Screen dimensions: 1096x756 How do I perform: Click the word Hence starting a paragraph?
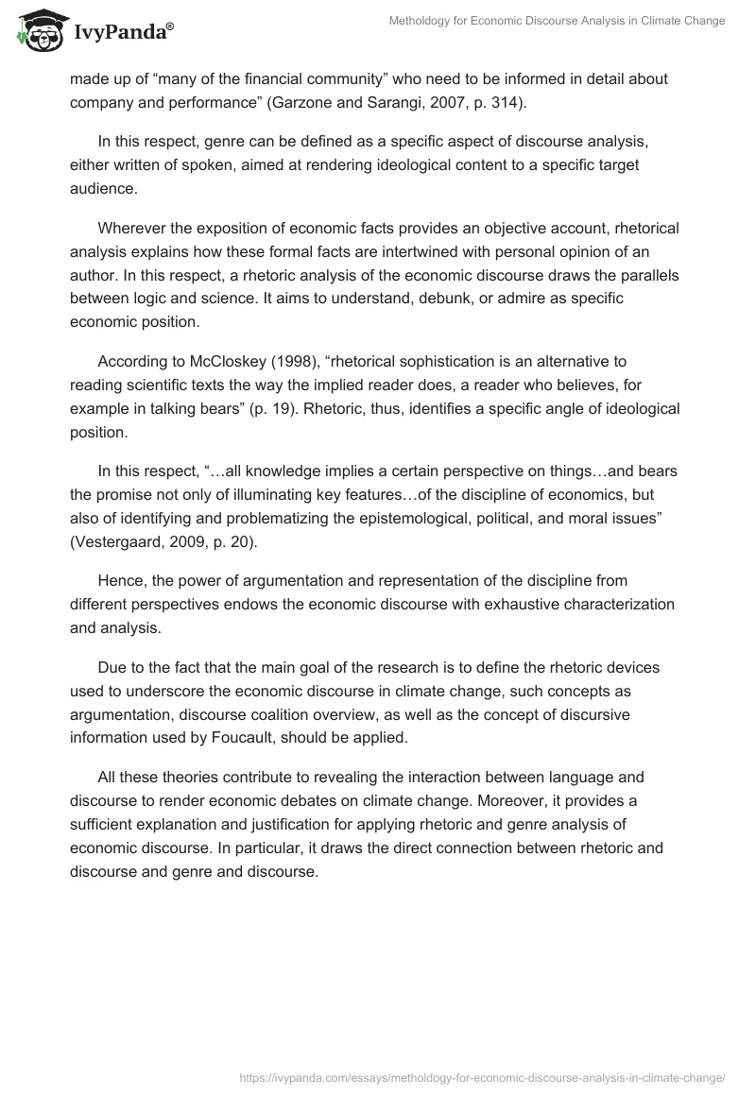pyautogui.click(x=119, y=580)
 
